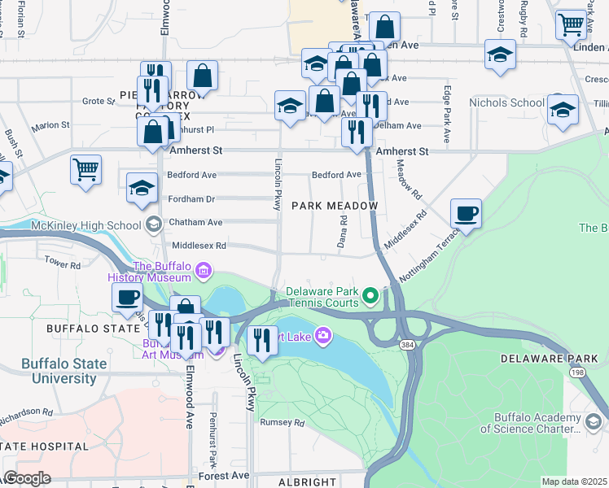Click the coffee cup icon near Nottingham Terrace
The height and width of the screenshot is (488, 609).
tap(466, 214)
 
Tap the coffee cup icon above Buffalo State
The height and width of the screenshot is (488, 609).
tap(128, 298)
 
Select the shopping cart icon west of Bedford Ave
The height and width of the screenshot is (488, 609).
tap(85, 170)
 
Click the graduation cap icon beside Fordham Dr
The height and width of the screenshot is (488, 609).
tap(142, 188)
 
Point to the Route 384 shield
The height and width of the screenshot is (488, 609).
tap(405, 345)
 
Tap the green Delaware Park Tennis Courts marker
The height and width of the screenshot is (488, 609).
tap(371, 294)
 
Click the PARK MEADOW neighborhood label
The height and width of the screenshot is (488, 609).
tap(335, 207)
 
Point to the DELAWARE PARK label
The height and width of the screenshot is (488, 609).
tap(549, 359)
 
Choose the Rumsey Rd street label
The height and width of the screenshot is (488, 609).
tap(282, 423)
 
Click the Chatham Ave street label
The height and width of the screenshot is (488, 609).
tap(195, 222)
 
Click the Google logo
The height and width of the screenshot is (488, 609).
tap(27, 478)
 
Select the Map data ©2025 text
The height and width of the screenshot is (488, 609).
tap(574, 481)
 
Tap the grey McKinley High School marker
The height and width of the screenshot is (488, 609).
tap(154, 224)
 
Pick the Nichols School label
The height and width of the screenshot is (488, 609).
tap(506, 102)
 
